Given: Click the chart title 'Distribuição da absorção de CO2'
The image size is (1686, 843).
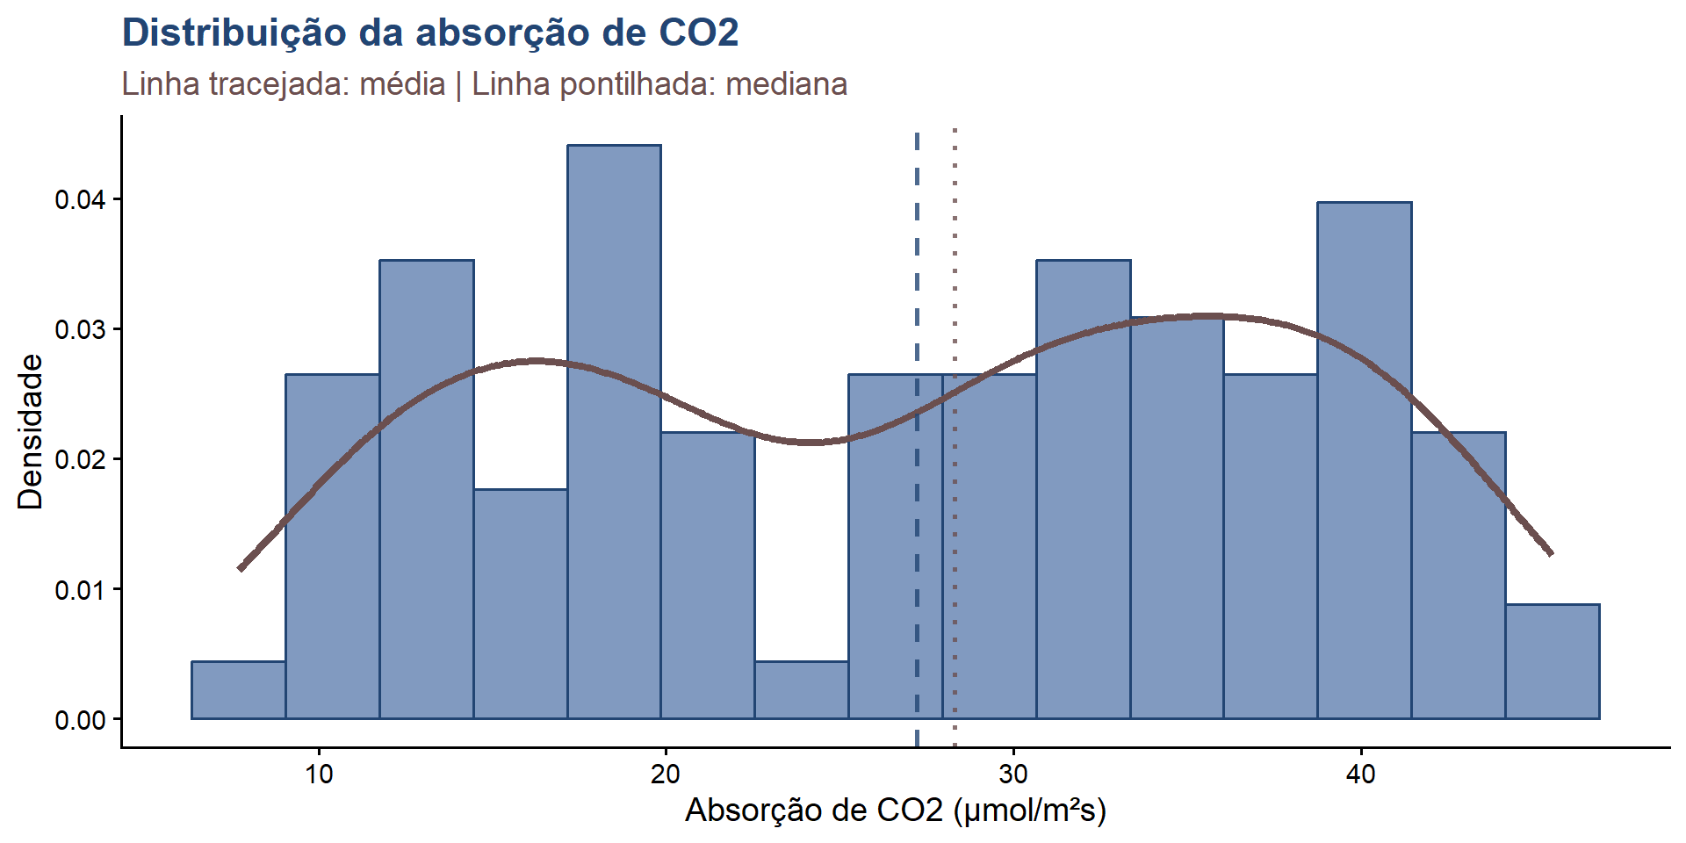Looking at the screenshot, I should tap(430, 33).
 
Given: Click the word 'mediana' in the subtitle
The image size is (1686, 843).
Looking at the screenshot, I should tap(786, 84).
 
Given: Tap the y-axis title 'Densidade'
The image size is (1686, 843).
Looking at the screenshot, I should tap(30, 431).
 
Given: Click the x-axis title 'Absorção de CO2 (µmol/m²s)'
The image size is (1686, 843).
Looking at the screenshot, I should tap(895, 810).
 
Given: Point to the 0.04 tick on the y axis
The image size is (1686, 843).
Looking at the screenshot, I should tap(80, 200).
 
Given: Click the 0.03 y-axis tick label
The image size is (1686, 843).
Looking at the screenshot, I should tap(80, 330).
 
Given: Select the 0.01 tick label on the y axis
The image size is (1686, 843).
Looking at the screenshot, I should tap(80, 590).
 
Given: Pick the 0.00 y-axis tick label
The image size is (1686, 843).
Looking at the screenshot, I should tap(80, 720).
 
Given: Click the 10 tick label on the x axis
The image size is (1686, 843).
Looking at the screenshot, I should tap(319, 774).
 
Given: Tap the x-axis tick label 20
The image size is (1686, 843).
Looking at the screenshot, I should tap(666, 774).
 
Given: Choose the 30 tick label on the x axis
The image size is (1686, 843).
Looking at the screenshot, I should tap(1013, 774).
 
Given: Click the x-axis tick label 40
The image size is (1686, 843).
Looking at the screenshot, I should tap(1361, 774).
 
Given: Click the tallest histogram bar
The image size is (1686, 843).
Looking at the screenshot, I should tap(614, 430).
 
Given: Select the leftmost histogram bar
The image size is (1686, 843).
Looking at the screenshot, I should tap(238, 690).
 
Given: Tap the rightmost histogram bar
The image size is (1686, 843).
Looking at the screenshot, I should tap(1553, 662).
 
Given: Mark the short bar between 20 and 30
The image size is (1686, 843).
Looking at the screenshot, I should tap(802, 690).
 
